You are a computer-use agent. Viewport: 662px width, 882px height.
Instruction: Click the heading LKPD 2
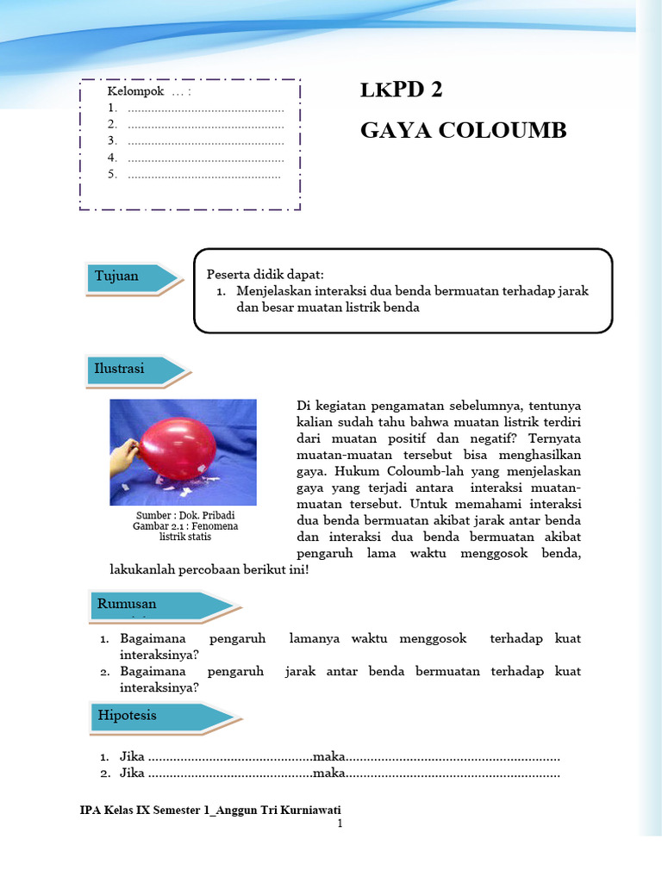pos(400,91)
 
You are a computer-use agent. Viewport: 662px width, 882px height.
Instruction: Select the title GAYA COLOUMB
pos(463,130)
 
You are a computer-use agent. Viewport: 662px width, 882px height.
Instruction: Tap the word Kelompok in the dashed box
pos(135,91)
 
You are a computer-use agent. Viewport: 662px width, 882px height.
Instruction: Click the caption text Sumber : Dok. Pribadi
pos(184,514)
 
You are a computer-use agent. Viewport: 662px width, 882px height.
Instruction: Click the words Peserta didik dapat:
pos(265,274)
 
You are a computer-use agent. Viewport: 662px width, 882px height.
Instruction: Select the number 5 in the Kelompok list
pos(112,174)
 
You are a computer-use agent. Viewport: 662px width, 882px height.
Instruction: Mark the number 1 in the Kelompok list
pos(112,108)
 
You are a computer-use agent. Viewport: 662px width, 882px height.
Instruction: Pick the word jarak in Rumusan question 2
pos(301,671)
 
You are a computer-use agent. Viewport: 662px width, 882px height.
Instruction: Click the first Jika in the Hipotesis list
pos(132,757)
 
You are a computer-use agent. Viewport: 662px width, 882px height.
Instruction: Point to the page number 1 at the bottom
pos(340,823)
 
